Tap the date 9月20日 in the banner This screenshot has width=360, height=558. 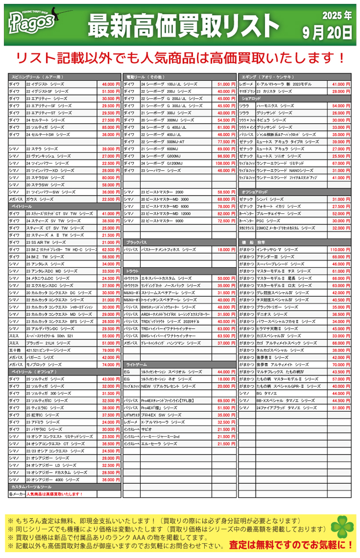327,32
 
